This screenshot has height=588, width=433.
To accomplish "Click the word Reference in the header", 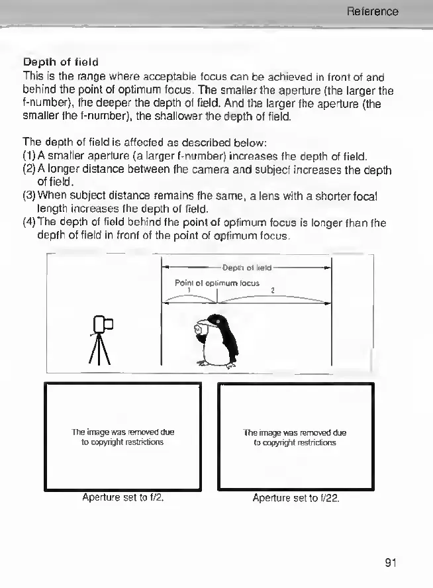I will click(x=373, y=11).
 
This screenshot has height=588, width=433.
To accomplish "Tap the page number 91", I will click(x=390, y=563).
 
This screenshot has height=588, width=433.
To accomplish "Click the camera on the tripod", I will click(x=103, y=324).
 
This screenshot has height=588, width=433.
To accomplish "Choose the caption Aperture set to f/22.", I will click(x=296, y=497).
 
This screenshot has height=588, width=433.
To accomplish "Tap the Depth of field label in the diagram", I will click(x=247, y=268).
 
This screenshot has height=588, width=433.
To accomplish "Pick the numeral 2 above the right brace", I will click(x=273, y=289).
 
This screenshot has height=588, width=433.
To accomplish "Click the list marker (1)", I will click(x=30, y=156).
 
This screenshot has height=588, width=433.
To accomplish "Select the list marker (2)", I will click(x=30, y=170).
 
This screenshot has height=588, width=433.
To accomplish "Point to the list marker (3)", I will click(x=30, y=197).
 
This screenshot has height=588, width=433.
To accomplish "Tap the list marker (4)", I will click(x=30, y=224).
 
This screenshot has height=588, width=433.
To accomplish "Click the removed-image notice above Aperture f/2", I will click(x=122, y=437).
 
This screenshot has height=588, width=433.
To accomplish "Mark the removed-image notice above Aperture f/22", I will click(x=295, y=438).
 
